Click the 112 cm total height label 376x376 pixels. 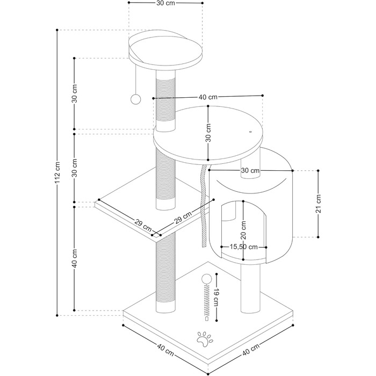click(x=57, y=173)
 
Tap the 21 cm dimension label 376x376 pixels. click(x=318, y=204)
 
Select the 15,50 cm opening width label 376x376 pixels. click(x=244, y=247)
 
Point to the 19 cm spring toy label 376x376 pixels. click(x=216, y=297)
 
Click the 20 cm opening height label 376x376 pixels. click(x=244, y=230)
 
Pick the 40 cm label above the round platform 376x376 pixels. click(x=208, y=97)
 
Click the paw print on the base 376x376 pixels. click(x=204, y=339)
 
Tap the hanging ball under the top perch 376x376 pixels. click(x=135, y=99)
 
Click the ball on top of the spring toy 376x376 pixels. click(x=206, y=280)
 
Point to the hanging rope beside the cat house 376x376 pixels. click(x=204, y=206)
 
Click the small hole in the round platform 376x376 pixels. click(x=250, y=132)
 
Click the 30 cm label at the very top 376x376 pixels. click(x=165, y=3)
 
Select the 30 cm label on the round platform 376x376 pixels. click(x=208, y=133)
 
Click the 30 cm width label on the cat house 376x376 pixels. click(x=250, y=170)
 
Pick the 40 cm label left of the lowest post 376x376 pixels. click(x=74, y=258)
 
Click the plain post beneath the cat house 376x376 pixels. click(x=250, y=288)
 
